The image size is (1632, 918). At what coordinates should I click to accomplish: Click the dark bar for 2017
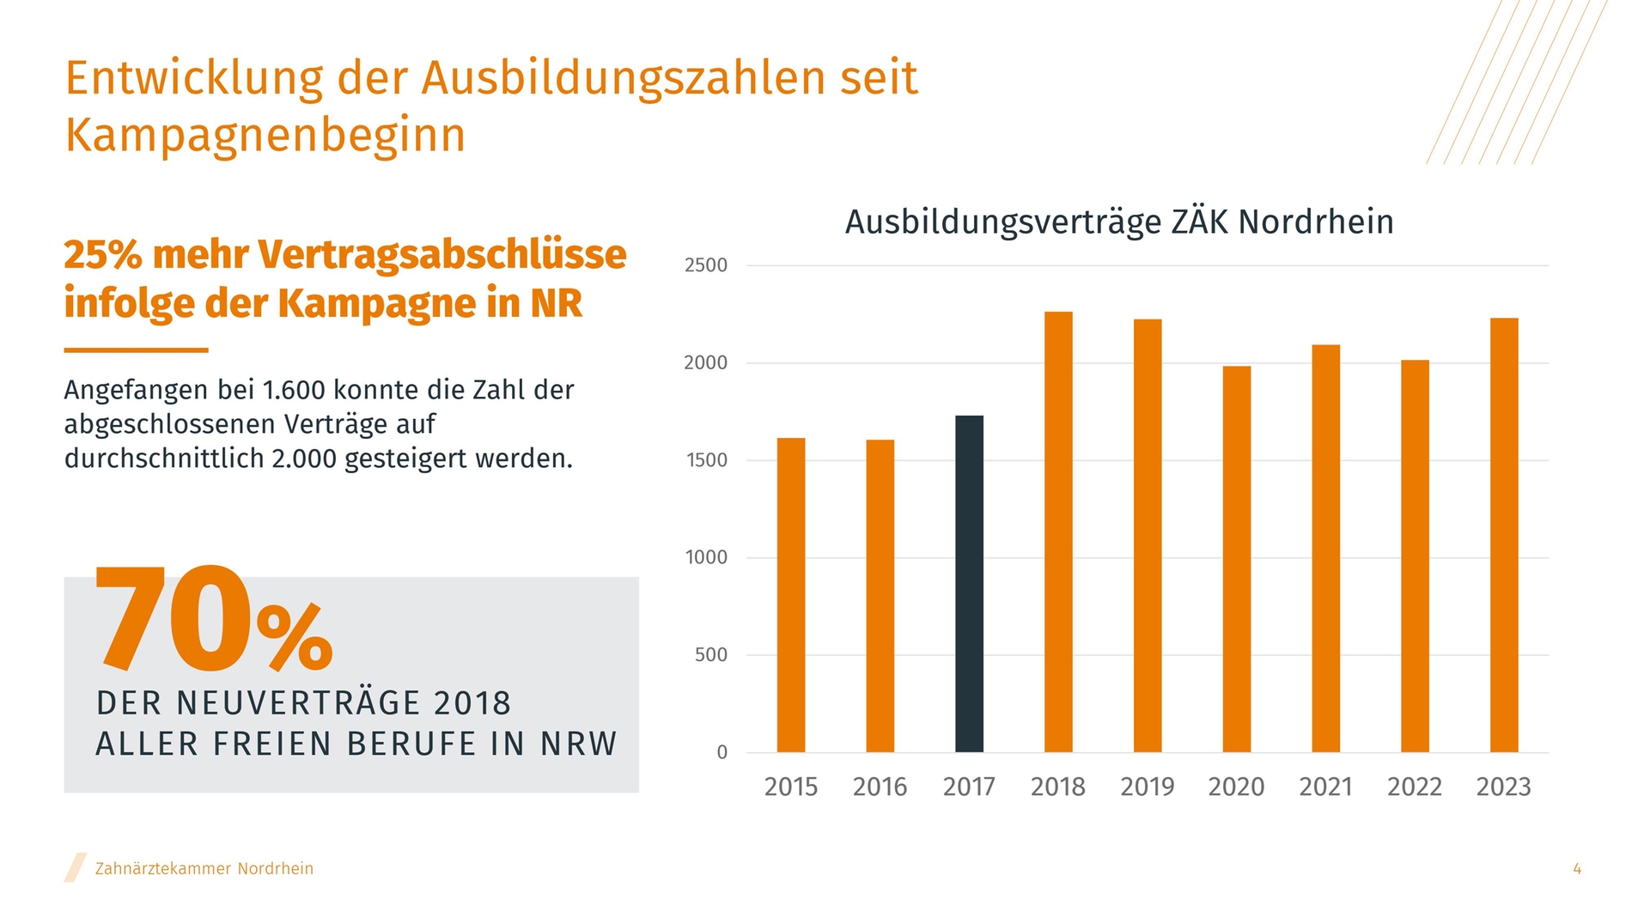click(969, 584)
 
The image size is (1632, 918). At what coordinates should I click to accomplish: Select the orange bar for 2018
click(1058, 532)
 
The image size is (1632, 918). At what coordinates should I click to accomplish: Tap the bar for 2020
click(1237, 559)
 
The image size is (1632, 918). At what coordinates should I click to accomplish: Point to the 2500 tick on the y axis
click(706, 265)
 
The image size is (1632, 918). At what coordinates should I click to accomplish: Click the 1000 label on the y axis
click(706, 557)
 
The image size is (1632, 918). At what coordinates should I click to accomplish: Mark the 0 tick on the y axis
click(722, 752)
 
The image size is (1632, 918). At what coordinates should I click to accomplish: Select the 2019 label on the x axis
click(1147, 787)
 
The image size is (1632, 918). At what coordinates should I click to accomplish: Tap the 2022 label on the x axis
click(1415, 787)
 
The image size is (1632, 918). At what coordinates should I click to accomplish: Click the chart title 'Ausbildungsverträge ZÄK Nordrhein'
click(1119, 222)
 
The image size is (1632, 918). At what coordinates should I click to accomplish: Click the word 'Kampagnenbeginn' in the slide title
click(265, 135)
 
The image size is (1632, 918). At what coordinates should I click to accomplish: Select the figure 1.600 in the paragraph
click(294, 390)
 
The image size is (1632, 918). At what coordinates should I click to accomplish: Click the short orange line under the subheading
click(136, 350)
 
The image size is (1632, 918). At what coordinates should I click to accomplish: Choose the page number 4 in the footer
click(1577, 869)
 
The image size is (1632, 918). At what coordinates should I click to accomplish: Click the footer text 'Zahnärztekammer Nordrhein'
click(204, 869)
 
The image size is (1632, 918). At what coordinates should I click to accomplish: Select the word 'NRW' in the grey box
click(578, 744)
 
